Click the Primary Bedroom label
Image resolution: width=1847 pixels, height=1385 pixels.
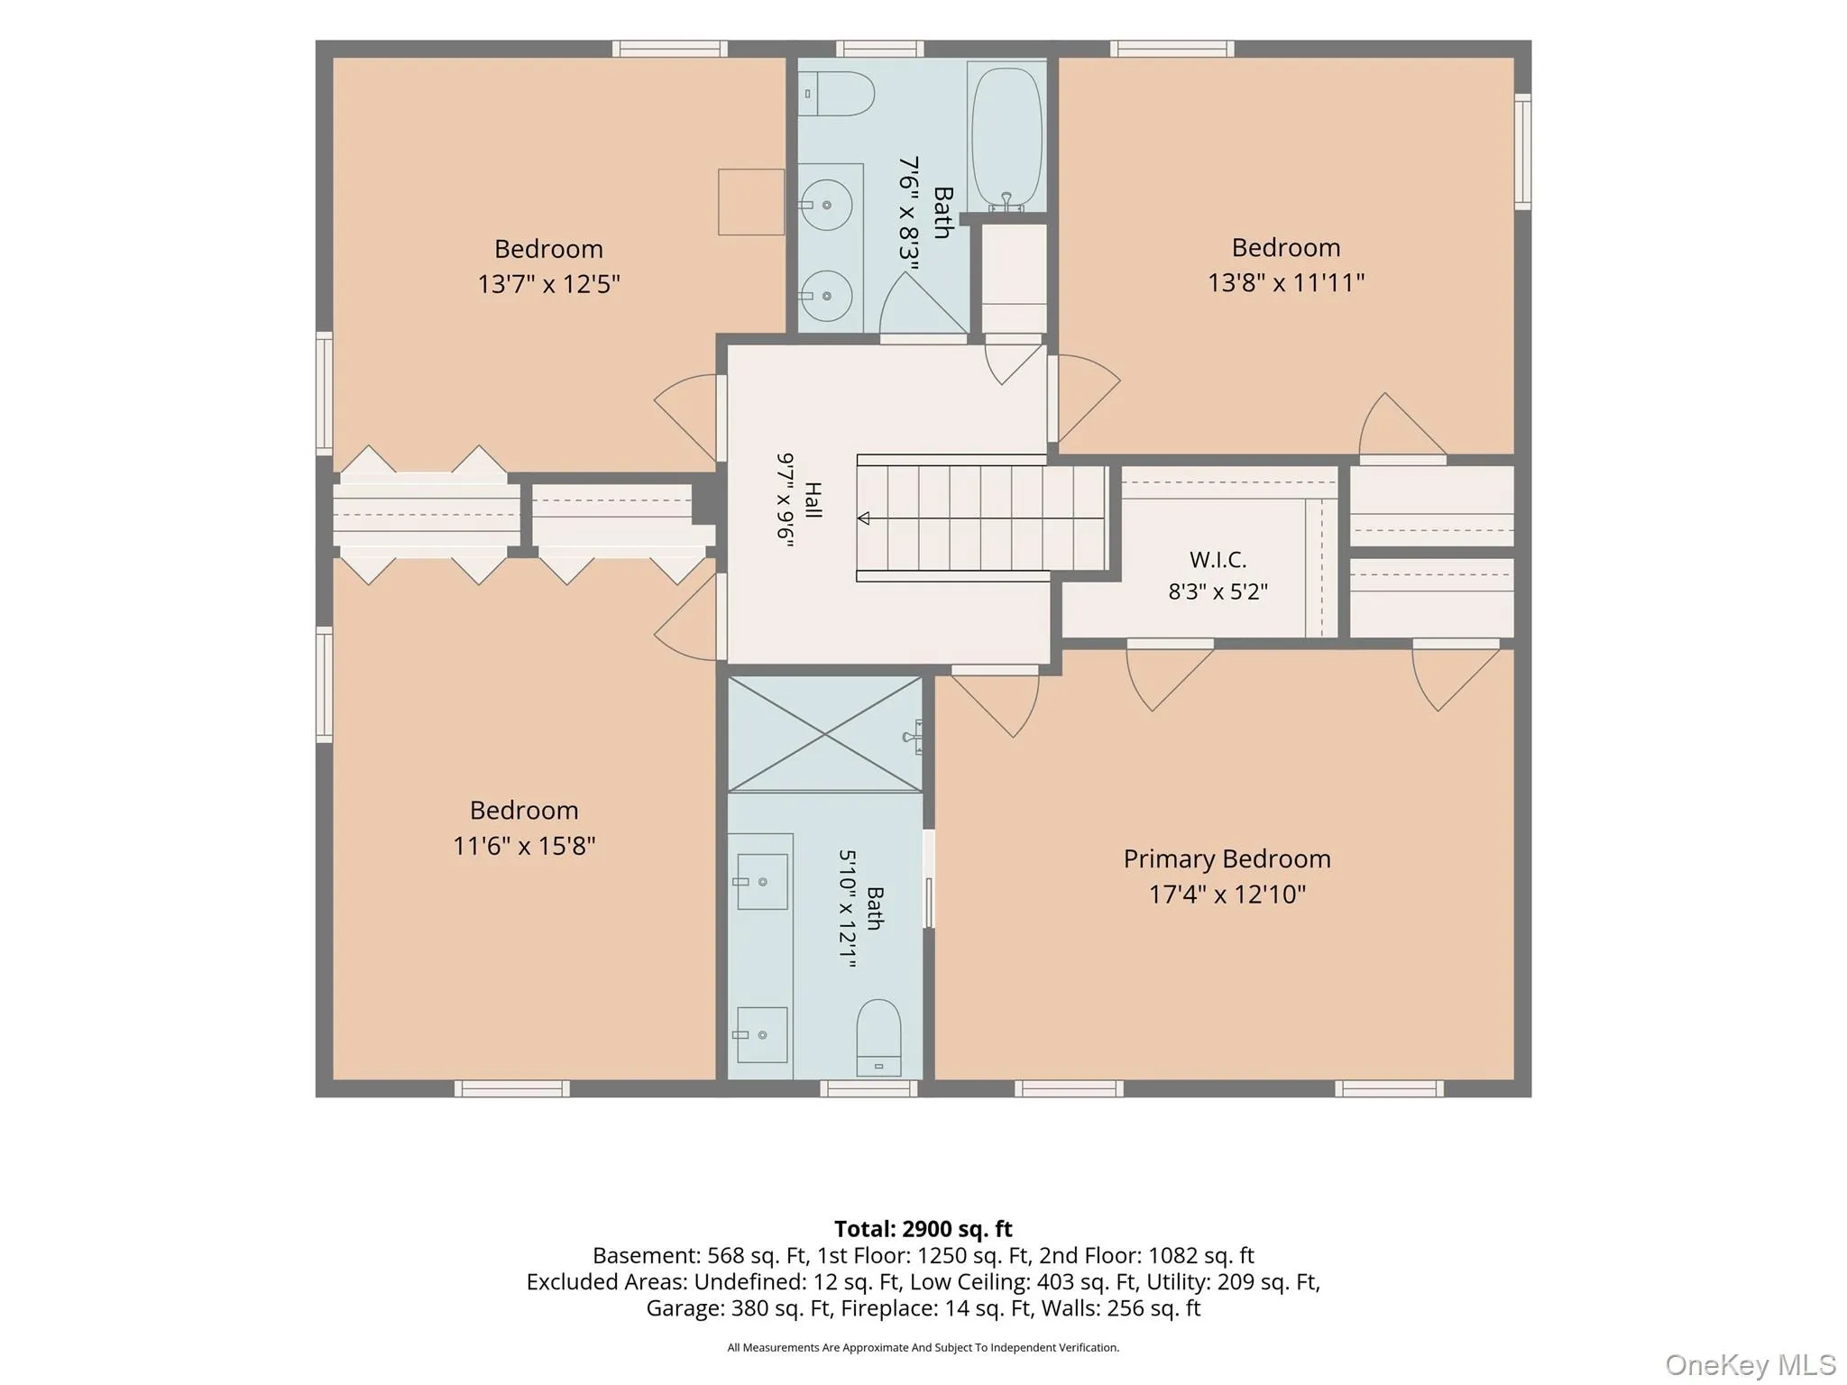click(x=1227, y=859)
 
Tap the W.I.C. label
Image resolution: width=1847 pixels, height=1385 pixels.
click(x=1218, y=560)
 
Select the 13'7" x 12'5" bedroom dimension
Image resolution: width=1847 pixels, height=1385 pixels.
click(x=548, y=285)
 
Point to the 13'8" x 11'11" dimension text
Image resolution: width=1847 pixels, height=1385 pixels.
click(x=1286, y=283)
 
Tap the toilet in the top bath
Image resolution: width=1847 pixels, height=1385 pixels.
click(x=838, y=94)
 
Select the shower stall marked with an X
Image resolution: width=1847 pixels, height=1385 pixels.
click(x=825, y=735)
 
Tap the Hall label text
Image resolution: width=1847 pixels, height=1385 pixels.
click(x=813, y=500)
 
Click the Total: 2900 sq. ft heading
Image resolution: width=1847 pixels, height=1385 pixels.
click(x=923, y=1229)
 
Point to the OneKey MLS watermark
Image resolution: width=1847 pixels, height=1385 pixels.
click(x=1750, y=1364)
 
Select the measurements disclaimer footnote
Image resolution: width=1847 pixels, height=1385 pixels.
click(x=923, y=1348)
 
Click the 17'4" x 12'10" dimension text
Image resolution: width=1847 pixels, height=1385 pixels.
click(x=1227, y=894)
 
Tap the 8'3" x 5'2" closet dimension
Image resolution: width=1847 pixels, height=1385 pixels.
click(x=1218, y=592)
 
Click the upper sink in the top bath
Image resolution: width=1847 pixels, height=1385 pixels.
click(x=827, y=205)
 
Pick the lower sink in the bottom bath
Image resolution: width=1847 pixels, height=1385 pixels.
click(x=762, y=1035)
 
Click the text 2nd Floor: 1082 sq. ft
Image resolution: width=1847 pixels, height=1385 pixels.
click(x=1146, y=1256)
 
